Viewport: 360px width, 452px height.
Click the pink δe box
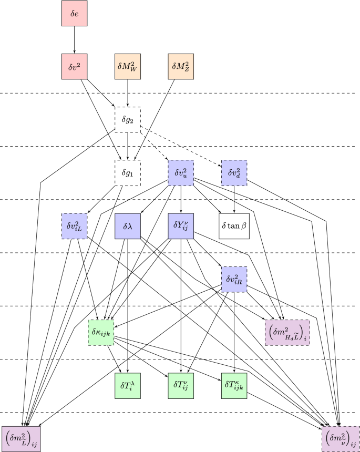(74, 13)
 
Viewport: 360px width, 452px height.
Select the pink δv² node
(74, 66)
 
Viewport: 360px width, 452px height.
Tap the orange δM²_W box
(128, 66)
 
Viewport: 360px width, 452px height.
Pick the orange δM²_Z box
(181, 66)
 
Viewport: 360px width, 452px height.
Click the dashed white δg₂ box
(128, 120)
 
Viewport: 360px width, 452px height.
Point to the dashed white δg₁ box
(128, 173)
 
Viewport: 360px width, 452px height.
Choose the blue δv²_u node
(181, 173)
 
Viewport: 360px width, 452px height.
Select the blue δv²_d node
(234, 173)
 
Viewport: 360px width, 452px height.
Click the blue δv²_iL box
(74, 226)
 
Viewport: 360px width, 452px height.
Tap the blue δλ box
(128, 226)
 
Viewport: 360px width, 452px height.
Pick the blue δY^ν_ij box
(181, 226)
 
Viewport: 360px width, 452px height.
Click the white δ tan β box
(234, 226)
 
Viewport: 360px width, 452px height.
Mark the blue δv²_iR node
(234, 279)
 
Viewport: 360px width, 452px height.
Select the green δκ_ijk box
(101, 332)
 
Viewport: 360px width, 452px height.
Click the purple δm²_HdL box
(287, 332)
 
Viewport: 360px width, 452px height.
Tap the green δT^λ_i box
(128, 385)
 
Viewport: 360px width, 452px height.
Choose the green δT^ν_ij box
(181, 385)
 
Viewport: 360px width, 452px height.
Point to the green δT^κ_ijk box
(234, 385)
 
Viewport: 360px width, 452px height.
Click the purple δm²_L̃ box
(20, 438)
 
